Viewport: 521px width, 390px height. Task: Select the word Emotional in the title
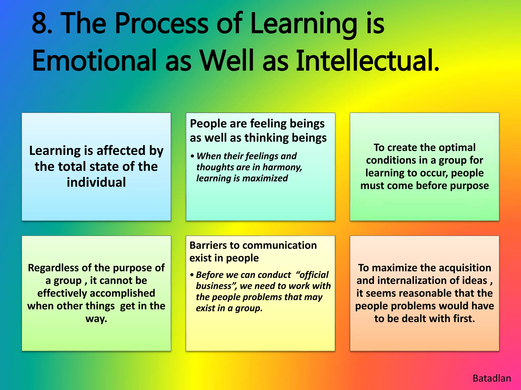94,61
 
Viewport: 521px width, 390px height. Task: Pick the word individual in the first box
96,182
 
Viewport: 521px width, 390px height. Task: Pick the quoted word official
313,275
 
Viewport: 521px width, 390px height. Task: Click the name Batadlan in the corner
491,378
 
